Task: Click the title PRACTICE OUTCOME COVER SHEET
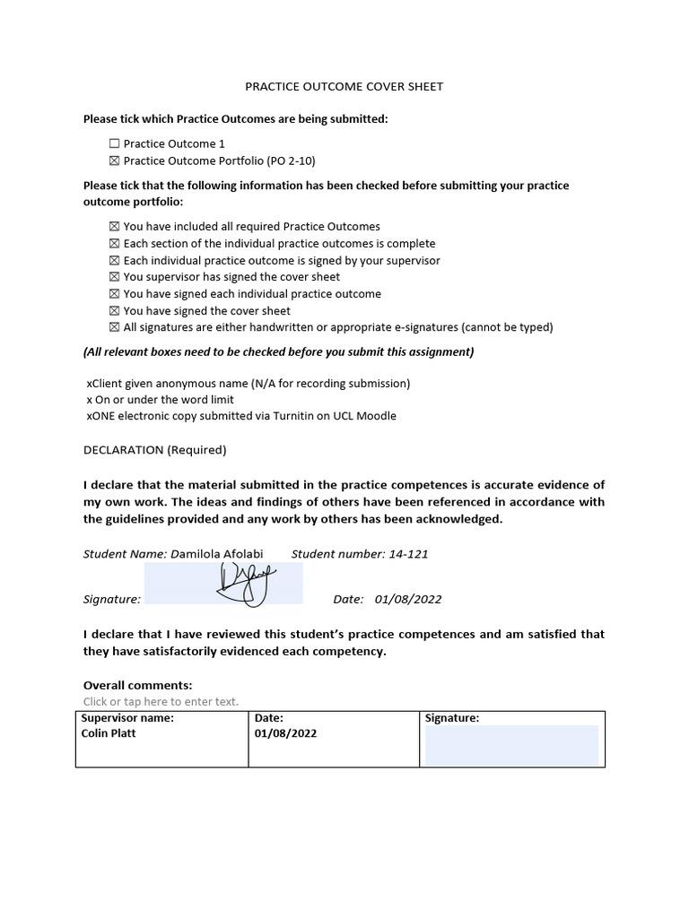(344, 87)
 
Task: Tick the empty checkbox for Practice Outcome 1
(114, 143)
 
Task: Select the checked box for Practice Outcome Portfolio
(114, 160)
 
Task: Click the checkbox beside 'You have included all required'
(114, 227)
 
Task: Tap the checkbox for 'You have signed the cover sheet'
(114, 311)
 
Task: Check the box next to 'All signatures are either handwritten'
(114, 327)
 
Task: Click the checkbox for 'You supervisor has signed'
(114, 277)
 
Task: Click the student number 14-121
(408, 554)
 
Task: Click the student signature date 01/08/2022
(408, 599)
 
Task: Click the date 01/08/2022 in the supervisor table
(285, 733)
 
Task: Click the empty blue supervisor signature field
(510, 746)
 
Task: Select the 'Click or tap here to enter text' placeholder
(161, 702)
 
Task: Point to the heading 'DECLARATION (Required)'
(155, 450)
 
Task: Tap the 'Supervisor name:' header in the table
(127, 718)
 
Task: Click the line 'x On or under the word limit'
(160, 400)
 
